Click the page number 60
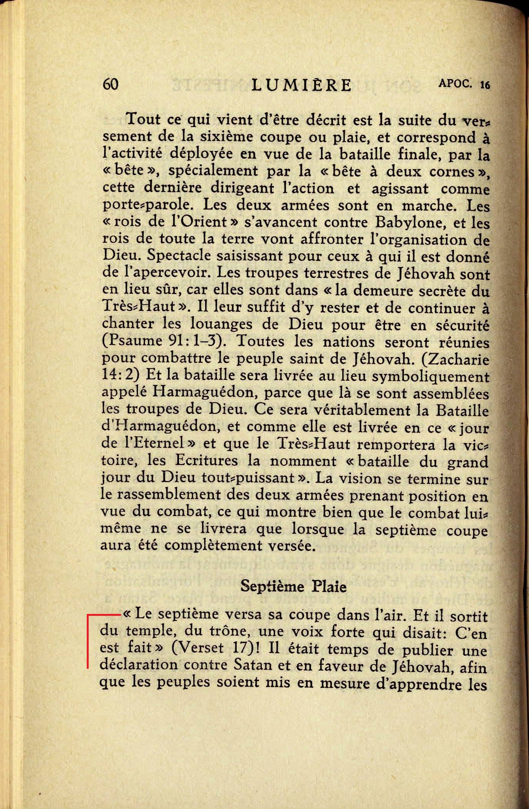110,84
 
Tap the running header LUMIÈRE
302,85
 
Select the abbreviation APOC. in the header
455,83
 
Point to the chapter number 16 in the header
485,85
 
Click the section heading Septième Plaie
293,586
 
